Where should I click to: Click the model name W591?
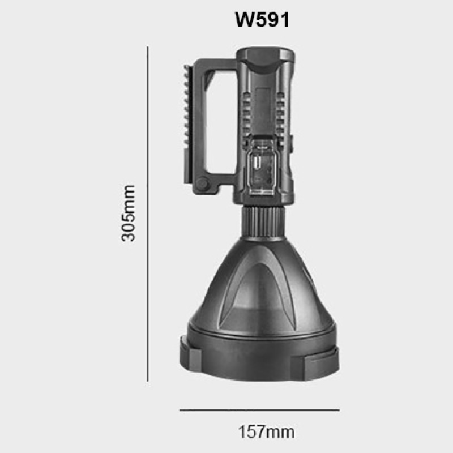[x=262, y=20]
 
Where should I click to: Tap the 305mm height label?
[x=129, y=212]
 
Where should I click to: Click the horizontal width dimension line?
[x=259, y=409]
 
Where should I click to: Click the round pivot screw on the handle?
[x=202, y=185]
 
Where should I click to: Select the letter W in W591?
[x=244, y=20]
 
